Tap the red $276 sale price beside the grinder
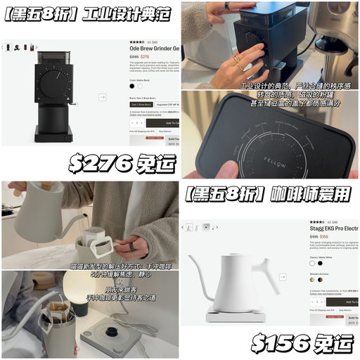tap(145, 57)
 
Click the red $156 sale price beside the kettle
tap(324, 237)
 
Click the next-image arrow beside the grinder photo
tap(102, 97)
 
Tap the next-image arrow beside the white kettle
tap(283, 277)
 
